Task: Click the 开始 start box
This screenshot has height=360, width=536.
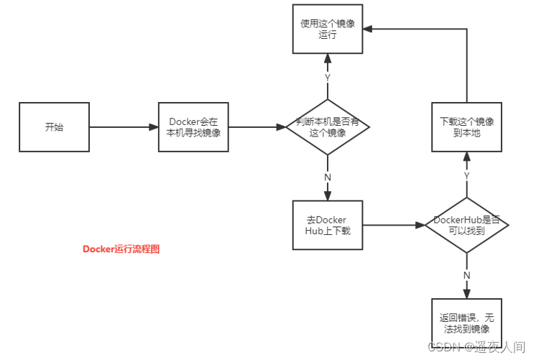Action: point(54,127)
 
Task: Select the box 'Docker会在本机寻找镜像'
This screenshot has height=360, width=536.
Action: point(193,127)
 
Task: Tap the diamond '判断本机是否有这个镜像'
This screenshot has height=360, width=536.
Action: point(328,127)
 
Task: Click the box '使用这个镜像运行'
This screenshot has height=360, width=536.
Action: point(328,29)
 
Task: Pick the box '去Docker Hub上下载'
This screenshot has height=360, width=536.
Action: point(328,224)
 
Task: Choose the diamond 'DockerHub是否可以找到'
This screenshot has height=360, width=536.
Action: point(467,224)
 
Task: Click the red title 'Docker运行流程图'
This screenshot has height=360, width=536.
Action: point(121,249)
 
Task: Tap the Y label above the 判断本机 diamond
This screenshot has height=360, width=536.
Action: point(328,77)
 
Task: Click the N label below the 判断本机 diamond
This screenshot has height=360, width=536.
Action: point(328,177)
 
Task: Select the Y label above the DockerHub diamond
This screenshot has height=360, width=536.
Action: point(467,175)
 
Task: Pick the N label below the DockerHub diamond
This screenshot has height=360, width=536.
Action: point(467,274)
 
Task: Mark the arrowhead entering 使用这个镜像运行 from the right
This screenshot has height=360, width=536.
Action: point(369,29)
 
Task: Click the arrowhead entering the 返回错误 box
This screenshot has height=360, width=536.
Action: point(467,293)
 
